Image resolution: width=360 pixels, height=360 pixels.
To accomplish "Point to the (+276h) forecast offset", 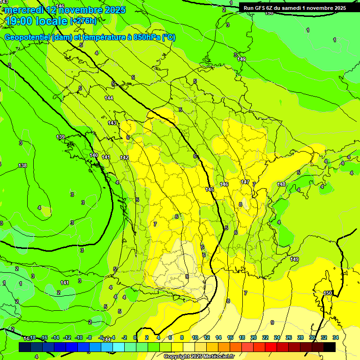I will click(83, 21).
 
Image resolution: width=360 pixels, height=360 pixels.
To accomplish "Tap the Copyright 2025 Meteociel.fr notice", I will click(199, 356).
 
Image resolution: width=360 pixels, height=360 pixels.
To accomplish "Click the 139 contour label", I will click(60, 137).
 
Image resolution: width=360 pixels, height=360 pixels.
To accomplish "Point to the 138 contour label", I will click(22, 165).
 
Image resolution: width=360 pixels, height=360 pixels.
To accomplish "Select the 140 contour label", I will click(94, 155).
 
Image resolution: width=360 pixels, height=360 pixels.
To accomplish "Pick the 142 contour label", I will click(124, 157).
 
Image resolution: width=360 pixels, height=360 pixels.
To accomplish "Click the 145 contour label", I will click(210, 189).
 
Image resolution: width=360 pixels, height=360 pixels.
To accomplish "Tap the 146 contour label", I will click(224, 184).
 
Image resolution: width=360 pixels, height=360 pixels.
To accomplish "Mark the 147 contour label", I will click(245, 182).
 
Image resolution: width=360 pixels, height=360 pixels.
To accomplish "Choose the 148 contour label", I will click(281, 184).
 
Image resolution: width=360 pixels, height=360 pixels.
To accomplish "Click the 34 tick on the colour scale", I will click(335, 337).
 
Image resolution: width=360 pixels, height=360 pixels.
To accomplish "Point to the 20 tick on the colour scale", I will click(254, 337).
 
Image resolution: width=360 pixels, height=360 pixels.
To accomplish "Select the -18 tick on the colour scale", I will click(32, 337).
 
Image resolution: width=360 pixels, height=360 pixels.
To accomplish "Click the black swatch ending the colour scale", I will click(330, 347).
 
